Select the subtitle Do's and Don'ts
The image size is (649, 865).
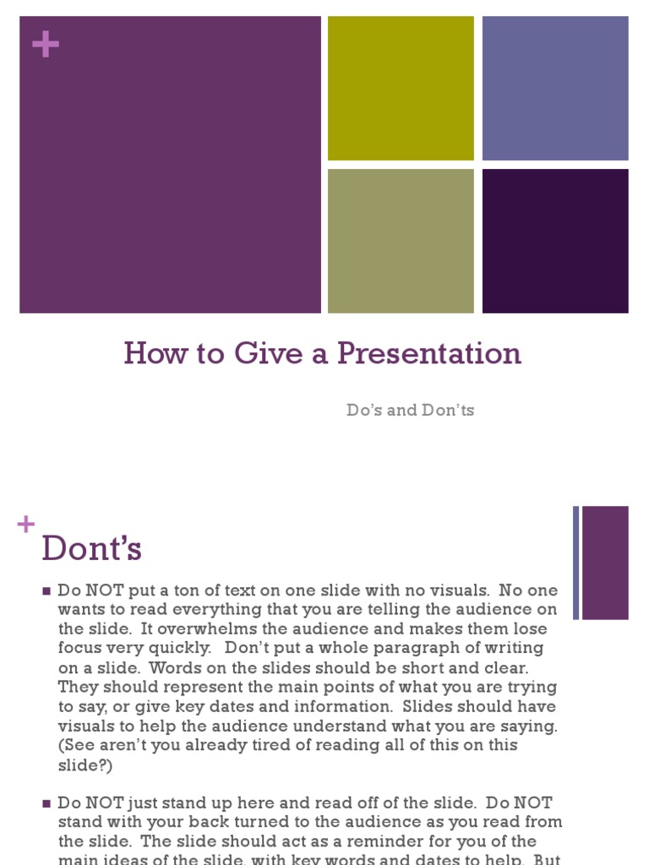tap(410, 411)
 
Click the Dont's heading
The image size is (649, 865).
tap(91, 550)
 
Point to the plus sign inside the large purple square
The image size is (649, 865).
tap(46, 45)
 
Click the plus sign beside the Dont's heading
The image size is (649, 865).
tap(25, 525)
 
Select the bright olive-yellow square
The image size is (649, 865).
tap(401, 88)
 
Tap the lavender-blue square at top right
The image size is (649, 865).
tap(555, 88)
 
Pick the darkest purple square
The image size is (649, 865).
tap(555, 241)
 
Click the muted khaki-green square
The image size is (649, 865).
tap(401, 241)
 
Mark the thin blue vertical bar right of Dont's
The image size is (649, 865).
tap(576, 563)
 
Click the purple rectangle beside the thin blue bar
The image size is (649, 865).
tap(605, 563)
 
